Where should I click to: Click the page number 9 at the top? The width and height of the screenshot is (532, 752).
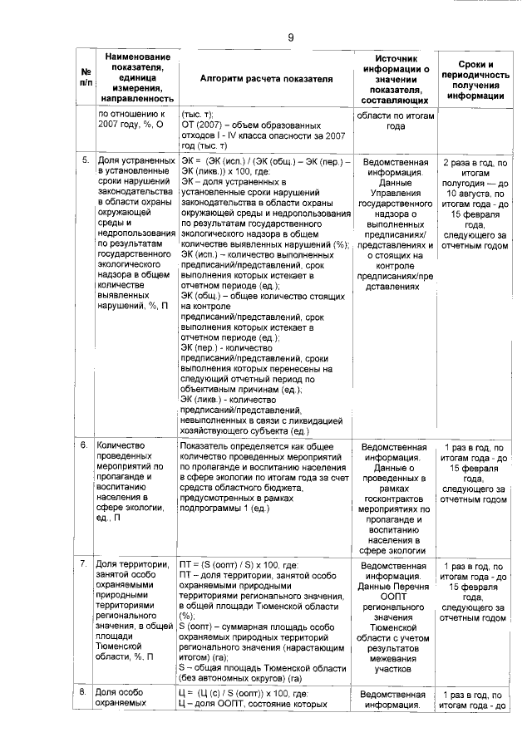tap(291, 37)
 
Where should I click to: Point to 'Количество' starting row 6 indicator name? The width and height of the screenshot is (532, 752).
tap(122, 446)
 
